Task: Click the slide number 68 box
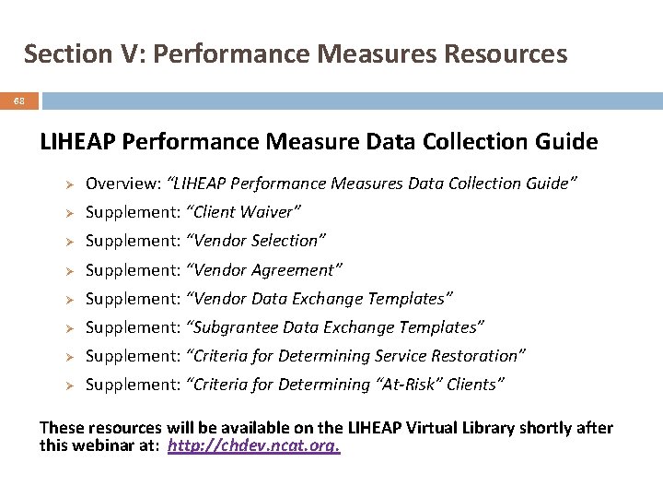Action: [x=19, y=101]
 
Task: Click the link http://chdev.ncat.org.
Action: [x=254, y=446]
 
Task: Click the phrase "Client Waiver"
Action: [x=244, y=212]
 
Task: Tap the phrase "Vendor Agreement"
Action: [x=264, y=270]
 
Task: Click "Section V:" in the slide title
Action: [x=85, y=53]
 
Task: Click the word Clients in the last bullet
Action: [x=471, y=385]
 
